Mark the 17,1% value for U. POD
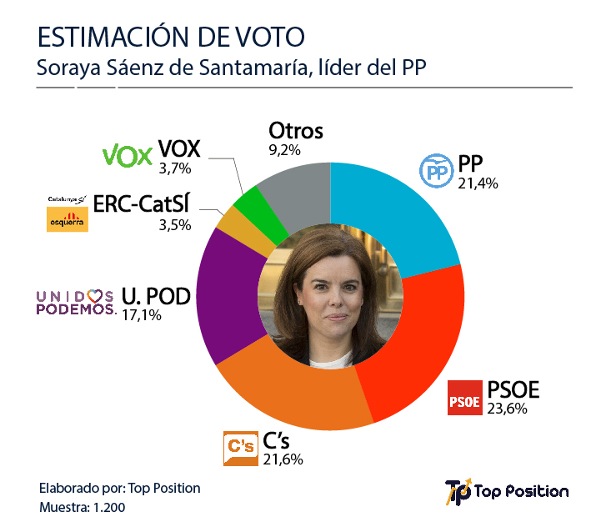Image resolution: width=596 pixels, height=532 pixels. (141, 315)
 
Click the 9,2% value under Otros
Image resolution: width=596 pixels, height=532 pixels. (284, 151)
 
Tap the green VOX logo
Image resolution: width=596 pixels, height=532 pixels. (127, 156)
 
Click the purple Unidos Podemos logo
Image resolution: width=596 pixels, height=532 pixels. (75, 302)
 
